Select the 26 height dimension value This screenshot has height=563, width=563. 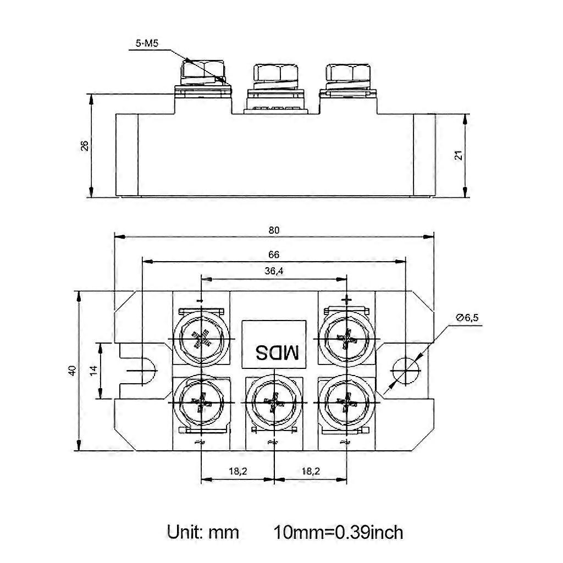(84, 145)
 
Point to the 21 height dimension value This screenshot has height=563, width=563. (458, 155)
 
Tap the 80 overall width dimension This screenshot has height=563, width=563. (274, 230)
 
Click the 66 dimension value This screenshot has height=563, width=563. (274, 255)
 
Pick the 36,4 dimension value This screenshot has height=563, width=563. (274, 271)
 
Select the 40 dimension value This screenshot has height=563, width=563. (72, 370)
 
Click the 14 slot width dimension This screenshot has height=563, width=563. (93, 370)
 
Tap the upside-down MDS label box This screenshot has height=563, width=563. (273, 351)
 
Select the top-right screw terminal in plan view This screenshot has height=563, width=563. (346, 340)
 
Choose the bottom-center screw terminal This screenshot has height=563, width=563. (273, 402)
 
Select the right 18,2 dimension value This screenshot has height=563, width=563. (310, 471)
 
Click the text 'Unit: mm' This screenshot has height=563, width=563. (203, 532)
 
